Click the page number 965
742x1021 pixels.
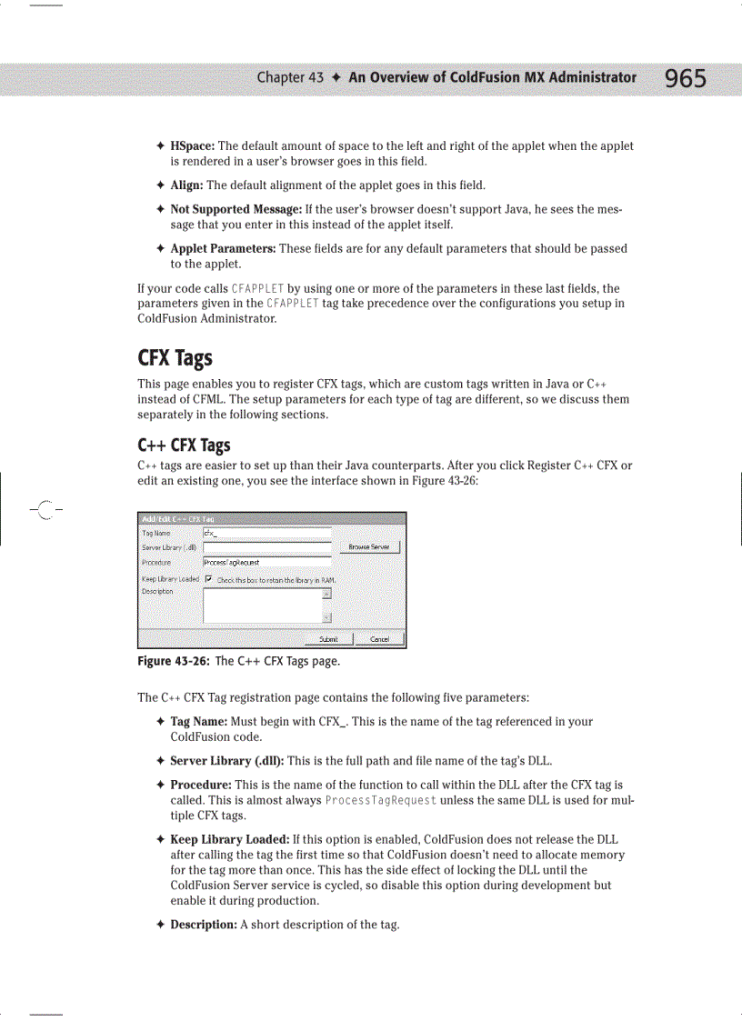pos(685,79)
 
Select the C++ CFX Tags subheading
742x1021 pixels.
pos(184,445)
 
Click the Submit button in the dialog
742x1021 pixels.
pos(323,638)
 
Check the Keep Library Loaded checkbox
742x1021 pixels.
pos(208,579)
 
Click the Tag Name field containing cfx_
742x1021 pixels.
pos(266,533)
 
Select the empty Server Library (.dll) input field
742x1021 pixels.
pos(266,547)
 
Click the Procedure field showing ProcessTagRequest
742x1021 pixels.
pos(266,563)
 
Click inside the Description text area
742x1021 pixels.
pos(262,606)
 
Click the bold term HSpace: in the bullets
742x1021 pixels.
pos(192,146)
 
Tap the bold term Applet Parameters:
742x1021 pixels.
pos(224,248)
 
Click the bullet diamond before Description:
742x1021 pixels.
pos(159,925)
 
